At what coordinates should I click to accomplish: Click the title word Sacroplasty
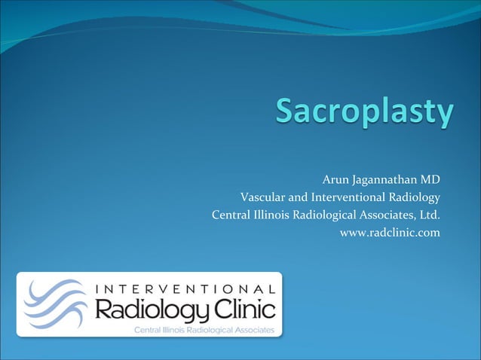click(364, 113)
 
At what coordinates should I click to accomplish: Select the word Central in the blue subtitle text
click(231, 215)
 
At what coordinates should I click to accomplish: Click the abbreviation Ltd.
click(429, 215)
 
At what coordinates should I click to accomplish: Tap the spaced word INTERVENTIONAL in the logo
click(185, 288)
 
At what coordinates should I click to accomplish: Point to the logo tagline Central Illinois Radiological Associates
click(204, 329)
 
